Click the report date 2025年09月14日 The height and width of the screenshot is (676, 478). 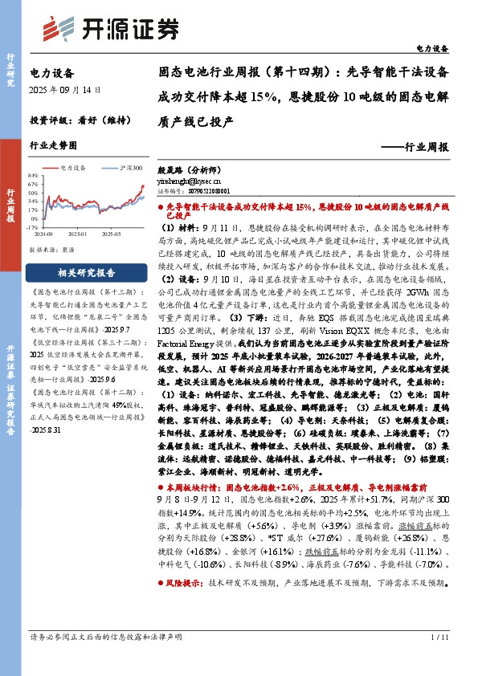point(65,92)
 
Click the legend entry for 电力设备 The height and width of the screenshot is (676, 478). point(74,168)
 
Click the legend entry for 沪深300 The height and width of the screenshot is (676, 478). point(127,168)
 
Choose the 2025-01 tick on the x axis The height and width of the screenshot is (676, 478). point(76,234)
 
